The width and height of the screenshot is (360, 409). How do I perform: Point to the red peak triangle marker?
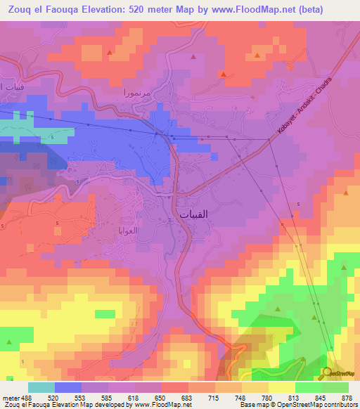click(223, 74)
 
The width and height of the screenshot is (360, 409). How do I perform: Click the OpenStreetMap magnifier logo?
click(324, 373)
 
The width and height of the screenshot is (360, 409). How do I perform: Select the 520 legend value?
click(53, 397)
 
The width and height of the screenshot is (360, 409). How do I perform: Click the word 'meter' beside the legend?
click(10, 397)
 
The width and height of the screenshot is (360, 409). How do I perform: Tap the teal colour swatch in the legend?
click(41, 387)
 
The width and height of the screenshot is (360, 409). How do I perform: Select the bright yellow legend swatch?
click(282, 387)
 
